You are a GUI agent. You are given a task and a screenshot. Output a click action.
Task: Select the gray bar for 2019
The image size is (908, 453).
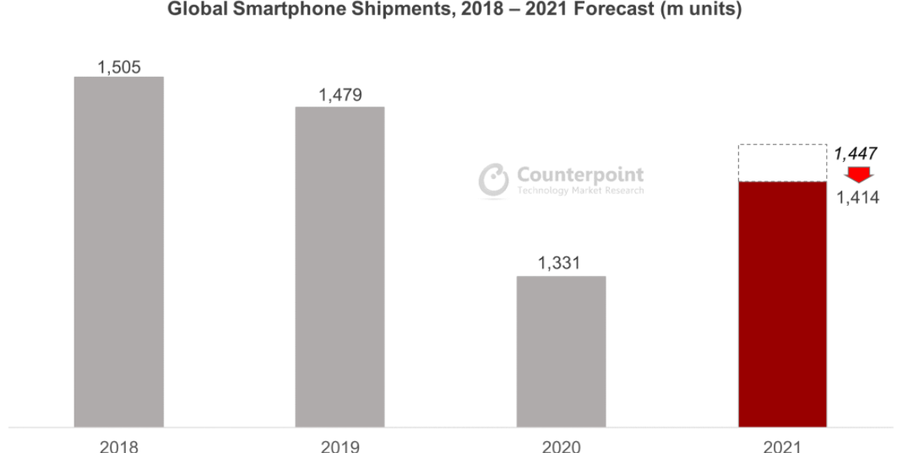(340, 267)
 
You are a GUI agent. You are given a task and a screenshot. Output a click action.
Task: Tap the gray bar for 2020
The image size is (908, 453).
(561, 351)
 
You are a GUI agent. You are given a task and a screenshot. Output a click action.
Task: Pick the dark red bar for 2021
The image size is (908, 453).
(782, 304)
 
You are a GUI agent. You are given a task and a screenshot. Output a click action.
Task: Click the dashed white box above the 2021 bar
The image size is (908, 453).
(782, 163)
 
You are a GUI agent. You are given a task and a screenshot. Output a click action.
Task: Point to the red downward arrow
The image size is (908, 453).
(859, 175)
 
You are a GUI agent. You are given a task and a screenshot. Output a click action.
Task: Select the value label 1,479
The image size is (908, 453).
(340, 95)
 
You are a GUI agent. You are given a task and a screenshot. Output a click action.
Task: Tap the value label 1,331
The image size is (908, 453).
(561, 264)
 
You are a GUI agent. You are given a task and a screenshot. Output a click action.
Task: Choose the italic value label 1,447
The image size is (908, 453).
(856, 154)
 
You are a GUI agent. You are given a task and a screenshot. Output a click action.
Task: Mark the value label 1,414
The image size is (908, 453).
(858, 198)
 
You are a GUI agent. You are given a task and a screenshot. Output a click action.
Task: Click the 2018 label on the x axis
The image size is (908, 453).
(118, 445)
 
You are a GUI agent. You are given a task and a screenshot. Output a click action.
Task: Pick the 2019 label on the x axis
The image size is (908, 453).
(340, 445)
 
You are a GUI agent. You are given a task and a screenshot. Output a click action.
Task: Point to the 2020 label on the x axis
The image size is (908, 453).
(561, 445)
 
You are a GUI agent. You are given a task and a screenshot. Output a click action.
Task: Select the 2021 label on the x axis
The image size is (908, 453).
(782, 445)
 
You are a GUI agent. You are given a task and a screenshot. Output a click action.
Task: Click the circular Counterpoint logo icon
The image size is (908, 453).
(493, 180)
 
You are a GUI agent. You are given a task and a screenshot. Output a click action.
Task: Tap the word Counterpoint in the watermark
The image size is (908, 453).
(579, 175)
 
